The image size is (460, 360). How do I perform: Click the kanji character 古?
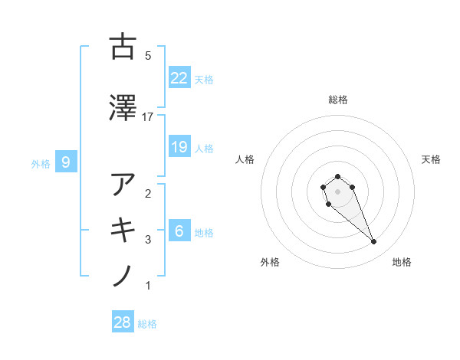point(123,47)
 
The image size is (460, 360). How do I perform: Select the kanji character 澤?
point(123,109)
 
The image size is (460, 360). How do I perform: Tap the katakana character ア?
point(123,185)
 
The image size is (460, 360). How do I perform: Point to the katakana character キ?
point(123,230)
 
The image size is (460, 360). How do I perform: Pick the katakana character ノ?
point(123,275)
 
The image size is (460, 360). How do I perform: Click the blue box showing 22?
point(179,77)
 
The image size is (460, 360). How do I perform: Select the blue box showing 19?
point(179,147)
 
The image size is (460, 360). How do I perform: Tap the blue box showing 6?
point(179,231)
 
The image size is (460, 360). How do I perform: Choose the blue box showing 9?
point(67,162)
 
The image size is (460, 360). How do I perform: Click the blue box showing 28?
point(123,322)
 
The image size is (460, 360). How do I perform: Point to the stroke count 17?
point(148,117)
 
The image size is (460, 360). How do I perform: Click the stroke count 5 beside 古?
point(148,55)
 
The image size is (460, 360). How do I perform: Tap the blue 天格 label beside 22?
point(204,79)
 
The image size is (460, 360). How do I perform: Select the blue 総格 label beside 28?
point(147,324)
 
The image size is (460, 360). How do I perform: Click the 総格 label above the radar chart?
point(337,100)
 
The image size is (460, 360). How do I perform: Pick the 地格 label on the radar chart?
point(402,262)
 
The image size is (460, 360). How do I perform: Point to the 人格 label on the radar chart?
point(245,159)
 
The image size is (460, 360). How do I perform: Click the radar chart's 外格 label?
point(270,262)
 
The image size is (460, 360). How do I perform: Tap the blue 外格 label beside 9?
point(41,163)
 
